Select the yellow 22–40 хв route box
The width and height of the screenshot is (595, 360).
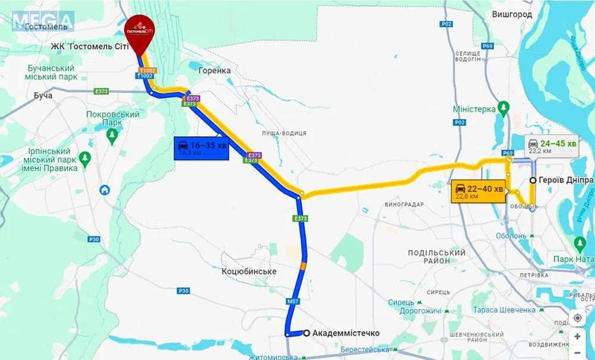(x=478, y=191)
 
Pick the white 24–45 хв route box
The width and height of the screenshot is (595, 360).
(x=551, y=147)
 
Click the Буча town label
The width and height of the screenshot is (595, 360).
(x=45, y=96)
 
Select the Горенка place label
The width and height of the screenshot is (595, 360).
(x=215, y=70)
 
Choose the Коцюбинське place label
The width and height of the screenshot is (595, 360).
(x=249, y=271)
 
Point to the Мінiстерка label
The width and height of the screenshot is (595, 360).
(x=475, y=109)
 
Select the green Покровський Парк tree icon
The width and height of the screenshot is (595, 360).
(x=112, y=135)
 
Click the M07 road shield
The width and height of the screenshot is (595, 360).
(x=294, y=302)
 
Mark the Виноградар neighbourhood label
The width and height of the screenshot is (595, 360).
(x=405, y=204)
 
